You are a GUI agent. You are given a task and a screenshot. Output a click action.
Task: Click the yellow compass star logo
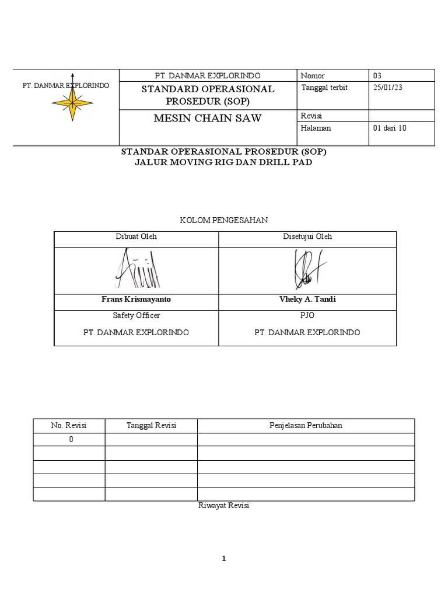(x=72, y=102)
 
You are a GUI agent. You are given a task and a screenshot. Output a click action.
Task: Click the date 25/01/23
(x=387, y=88)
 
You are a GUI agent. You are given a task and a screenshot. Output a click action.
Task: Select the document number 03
(x=377, y=75)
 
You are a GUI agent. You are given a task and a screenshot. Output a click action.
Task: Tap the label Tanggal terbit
(x=324, y=88)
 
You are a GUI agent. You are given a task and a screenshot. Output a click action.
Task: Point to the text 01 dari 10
(x=389, y=128)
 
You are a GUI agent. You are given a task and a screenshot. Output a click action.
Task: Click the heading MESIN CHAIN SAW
(x=207, y=119)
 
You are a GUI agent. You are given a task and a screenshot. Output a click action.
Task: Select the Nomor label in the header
(x=313, y=75)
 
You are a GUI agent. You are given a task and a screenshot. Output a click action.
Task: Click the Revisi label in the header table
(x=312, y=115)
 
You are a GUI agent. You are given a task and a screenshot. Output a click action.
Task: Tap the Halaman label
(x=316, y=128)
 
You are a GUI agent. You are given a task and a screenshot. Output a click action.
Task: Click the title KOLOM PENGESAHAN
(x=224, y=220)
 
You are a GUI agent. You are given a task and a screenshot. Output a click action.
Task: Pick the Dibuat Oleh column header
(x=136, y=237)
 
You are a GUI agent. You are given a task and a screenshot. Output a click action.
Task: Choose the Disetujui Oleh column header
(x=307, y=237)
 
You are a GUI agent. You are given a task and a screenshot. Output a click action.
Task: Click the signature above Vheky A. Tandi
(x=307, y=269)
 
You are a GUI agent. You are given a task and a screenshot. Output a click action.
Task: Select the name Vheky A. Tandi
(x=307, y=299)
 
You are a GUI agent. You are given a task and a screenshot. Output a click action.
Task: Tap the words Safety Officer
(x=136, y=315)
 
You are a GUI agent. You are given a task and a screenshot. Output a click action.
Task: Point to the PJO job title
(x=307, y=315)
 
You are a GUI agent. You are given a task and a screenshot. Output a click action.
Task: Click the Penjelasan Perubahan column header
(x=306, y=425)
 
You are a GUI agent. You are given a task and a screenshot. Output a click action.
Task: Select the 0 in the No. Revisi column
(x=71, y=439)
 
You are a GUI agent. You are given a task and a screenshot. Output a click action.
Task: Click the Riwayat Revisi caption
(x=224, y=506)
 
